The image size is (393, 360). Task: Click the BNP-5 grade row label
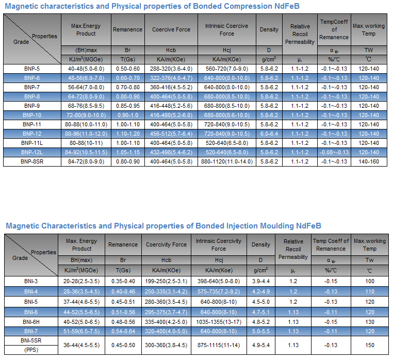pyautogui.click(x=31, y=69)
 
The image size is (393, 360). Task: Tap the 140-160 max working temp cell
pyautogui.click(x=368, y=161)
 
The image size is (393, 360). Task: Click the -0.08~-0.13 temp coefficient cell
pyautogui.click(x=333, y=152)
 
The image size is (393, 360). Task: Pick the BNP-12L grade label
pyautogui.click(x=31, y=152)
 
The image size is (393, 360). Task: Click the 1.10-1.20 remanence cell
pyautogui.click(x=127, y=134)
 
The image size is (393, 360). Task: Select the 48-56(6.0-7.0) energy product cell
pyautogui.click(x=86, y=78)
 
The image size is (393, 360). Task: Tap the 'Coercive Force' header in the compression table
pyautogui.click(x=171, y=29)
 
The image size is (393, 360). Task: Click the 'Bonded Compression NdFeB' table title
pyautogui.click(x=152, y=6)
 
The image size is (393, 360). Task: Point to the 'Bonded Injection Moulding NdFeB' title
pyautogui.click(x=163, y=226)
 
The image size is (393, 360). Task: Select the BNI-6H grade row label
pyautogui.click(x=31, y=321)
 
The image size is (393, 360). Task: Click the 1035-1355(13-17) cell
pyautogui.click(x=219, y=321)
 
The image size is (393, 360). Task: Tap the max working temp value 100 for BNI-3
pyautogui.click(x=369, y=281)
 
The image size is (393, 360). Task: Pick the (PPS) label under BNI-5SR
pyautogui.click(x=31, y=350)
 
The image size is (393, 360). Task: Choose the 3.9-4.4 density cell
pyautogui.click(x=260, y=281)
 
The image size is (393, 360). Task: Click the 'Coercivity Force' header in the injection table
pyautogui.click(x=166, y=244)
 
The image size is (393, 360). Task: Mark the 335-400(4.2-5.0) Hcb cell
pyautogui.click(x=166, y=321)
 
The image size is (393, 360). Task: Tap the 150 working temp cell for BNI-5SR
pyautogui.click(x=369, y=345)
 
